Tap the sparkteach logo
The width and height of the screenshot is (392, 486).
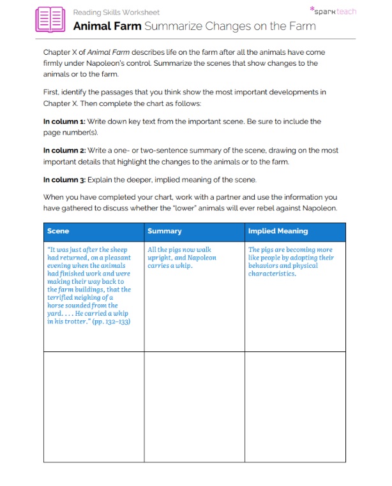333,11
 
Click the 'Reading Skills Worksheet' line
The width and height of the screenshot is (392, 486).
116,12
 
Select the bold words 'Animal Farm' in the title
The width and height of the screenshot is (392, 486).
107,27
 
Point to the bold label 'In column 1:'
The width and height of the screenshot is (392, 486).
64,121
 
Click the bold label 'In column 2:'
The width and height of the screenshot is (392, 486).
64,151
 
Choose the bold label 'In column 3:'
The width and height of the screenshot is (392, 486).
64,180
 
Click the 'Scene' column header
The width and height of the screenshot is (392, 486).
58,232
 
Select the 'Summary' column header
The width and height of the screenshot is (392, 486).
164,232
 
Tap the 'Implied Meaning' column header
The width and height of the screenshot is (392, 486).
278,232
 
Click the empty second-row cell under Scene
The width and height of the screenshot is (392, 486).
93,406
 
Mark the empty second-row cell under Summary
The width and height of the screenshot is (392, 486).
194,406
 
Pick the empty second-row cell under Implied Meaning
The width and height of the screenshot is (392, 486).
295,406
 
